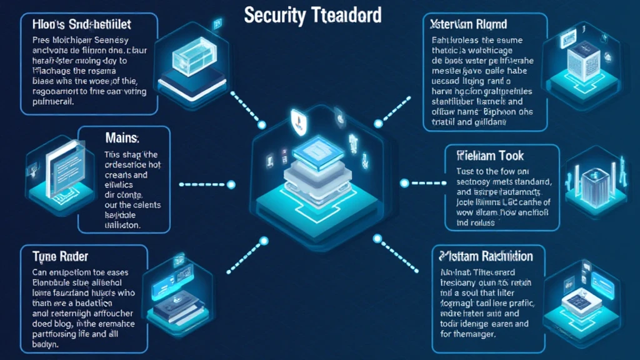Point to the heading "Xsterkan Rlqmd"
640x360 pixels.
click(x=469, y=25)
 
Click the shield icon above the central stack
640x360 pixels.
click(x=298, y=119)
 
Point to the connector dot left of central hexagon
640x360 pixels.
click(x=231, y=184)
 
